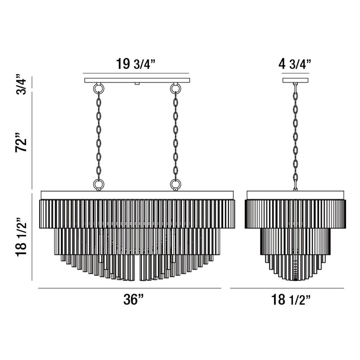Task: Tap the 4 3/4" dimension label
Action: point(295,64)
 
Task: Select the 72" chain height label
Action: point(21,142)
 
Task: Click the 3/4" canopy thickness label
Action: point(21,84)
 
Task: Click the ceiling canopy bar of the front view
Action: point(137,80)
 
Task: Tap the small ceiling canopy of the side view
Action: point(295,80)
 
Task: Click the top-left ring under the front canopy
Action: point(99,88)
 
